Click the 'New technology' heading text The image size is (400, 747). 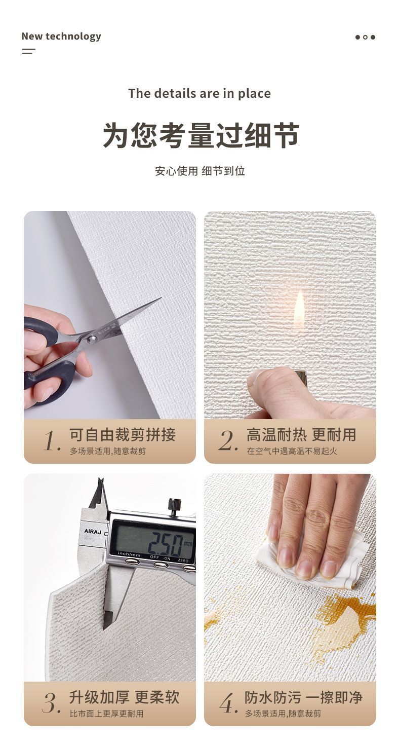pyautogui.click(x=61, y=36)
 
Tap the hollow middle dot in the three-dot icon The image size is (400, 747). pyautogui.click(x=366, y=38)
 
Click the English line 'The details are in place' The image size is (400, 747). pyautogui.click(x=199, y=94)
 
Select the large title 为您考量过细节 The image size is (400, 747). pyautogui.click(x=201, y=135)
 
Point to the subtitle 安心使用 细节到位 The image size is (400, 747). pyautogui.click(x=200, y=171)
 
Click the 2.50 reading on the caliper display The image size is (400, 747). pyautogui.click(x=166, y=544)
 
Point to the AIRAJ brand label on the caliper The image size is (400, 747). pyautogui.click(x=93, y=531)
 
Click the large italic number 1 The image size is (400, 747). pyautogui.click(x=52, y=440)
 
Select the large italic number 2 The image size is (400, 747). pyautogui.click(x=228, y=440)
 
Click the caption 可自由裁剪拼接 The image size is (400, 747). pyautogui.click(x=122, y=434)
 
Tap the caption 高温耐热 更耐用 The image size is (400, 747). pyautogui.click(x=301, y=434)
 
